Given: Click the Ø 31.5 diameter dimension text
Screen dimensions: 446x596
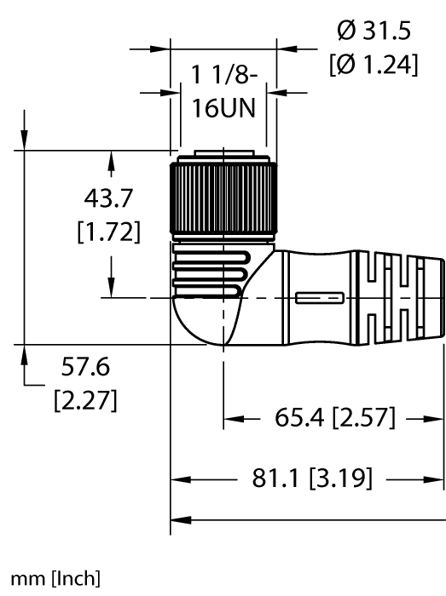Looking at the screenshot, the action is (x=374, y=31).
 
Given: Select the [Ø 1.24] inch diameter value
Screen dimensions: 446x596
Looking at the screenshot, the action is (x=374, y=64).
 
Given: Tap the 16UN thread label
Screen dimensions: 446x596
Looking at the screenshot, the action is (x=223, y=108).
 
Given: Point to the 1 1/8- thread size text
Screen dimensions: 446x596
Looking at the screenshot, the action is (x=223, y=75).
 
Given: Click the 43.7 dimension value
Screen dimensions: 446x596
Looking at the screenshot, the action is (x=108, y=198).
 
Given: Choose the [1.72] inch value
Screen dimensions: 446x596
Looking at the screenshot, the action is (x=109, y=231).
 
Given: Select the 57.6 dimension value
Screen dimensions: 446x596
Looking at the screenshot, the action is (x=85, y=366).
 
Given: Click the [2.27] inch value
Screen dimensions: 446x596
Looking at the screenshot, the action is (x=85, y=400).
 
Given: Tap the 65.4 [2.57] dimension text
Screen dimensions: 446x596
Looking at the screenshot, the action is (x=335, y=417).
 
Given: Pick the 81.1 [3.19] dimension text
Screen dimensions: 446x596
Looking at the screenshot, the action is (x=312, y=478).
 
